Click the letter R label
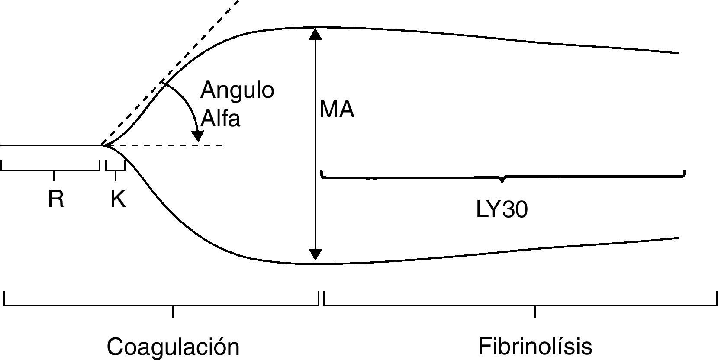[56, 199]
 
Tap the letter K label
[118, 199]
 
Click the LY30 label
[502, 210]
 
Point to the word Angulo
[237, 90]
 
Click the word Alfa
[220, 118]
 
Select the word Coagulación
[173, 347]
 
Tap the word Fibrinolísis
[535, 347]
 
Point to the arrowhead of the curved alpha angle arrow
[198, 136]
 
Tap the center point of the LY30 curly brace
[502, 180]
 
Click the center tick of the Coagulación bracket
[173, 311]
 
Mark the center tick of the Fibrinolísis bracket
[535, 311]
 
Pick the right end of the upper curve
[678, 53]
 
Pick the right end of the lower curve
[678, 238]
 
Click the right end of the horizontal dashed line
[222, 145]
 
